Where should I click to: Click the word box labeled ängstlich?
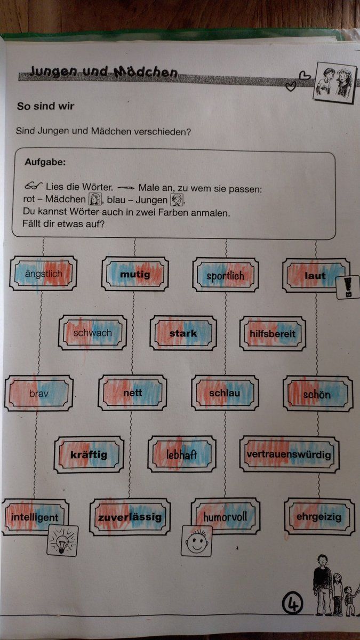click(43, 274)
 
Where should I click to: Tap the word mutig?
click(135, 275)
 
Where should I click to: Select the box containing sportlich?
click(226, 275)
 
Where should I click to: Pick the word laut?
click(315, 276)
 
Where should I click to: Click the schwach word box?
click(93, 333)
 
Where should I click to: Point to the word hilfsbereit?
click(273, 334)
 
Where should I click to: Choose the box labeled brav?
click(38, 394)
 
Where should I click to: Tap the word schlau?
click(225, 393)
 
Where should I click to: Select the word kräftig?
click(89, 454)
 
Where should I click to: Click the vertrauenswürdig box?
click(290, 454)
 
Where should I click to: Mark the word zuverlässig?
click(130, 517)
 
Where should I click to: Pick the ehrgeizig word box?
click(319, 517)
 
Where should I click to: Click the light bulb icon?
click(62, 541)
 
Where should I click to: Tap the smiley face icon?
click(197, 541)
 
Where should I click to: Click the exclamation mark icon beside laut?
click(348, 287)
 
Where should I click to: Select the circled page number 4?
click(292, 603)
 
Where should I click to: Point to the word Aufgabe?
click(45, 162)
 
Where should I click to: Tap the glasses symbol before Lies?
click(33, 186)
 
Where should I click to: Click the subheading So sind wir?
click(45, 106)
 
